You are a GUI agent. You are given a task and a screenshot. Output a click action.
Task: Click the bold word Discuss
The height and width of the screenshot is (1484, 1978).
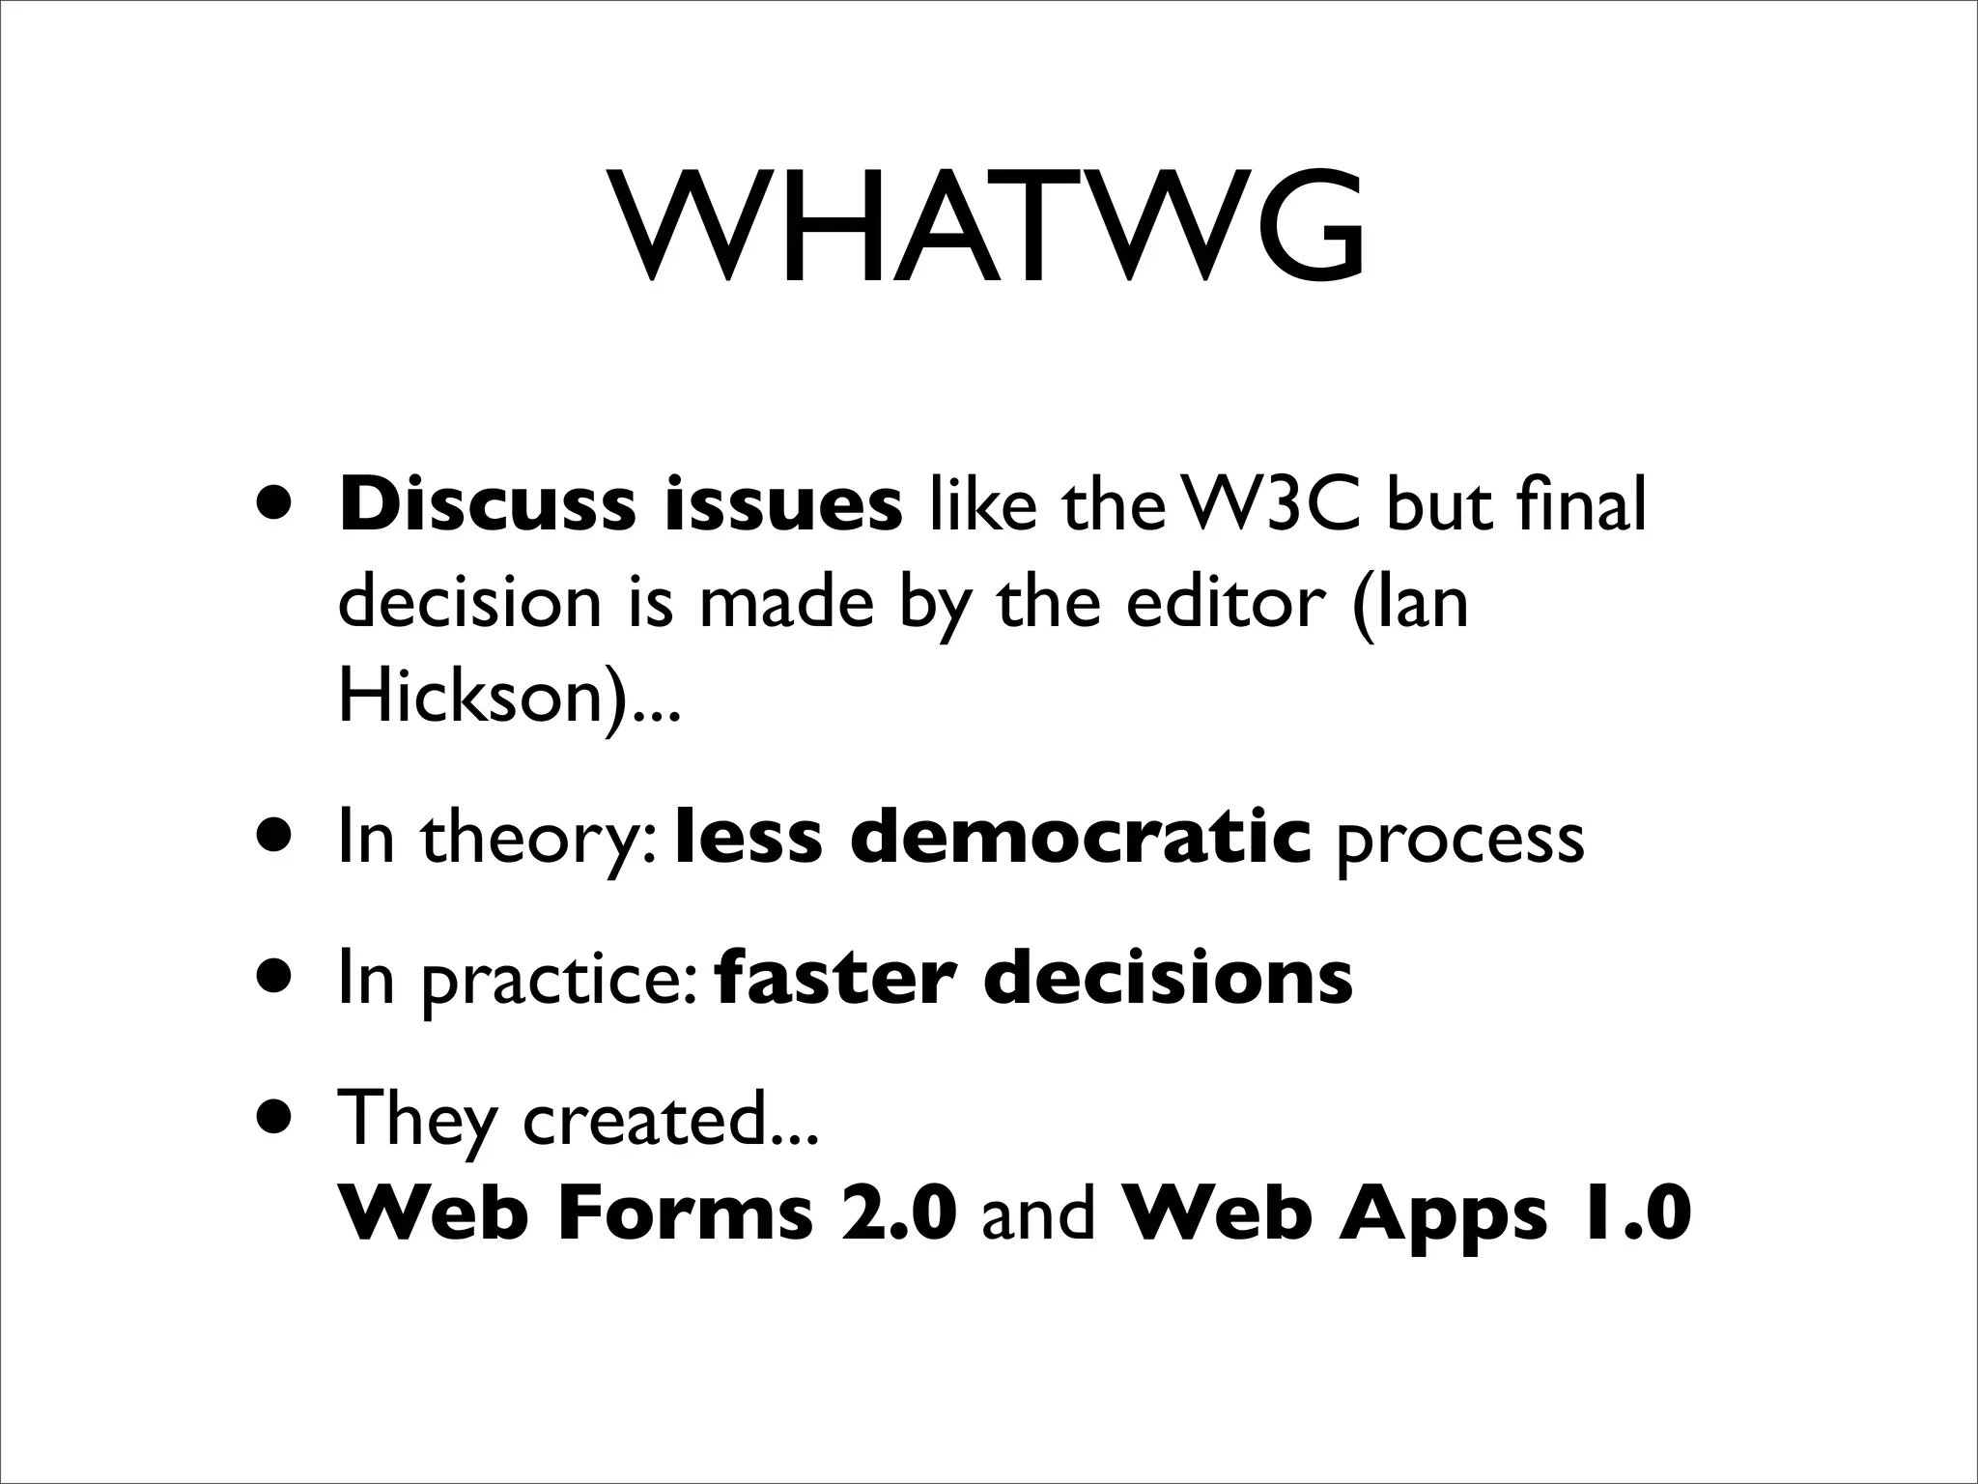coord(487,505)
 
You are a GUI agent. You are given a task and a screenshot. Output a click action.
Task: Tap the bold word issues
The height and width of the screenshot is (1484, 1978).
coord(782,505)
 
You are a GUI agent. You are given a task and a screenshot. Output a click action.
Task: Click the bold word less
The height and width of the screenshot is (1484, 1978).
coord(749,838)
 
